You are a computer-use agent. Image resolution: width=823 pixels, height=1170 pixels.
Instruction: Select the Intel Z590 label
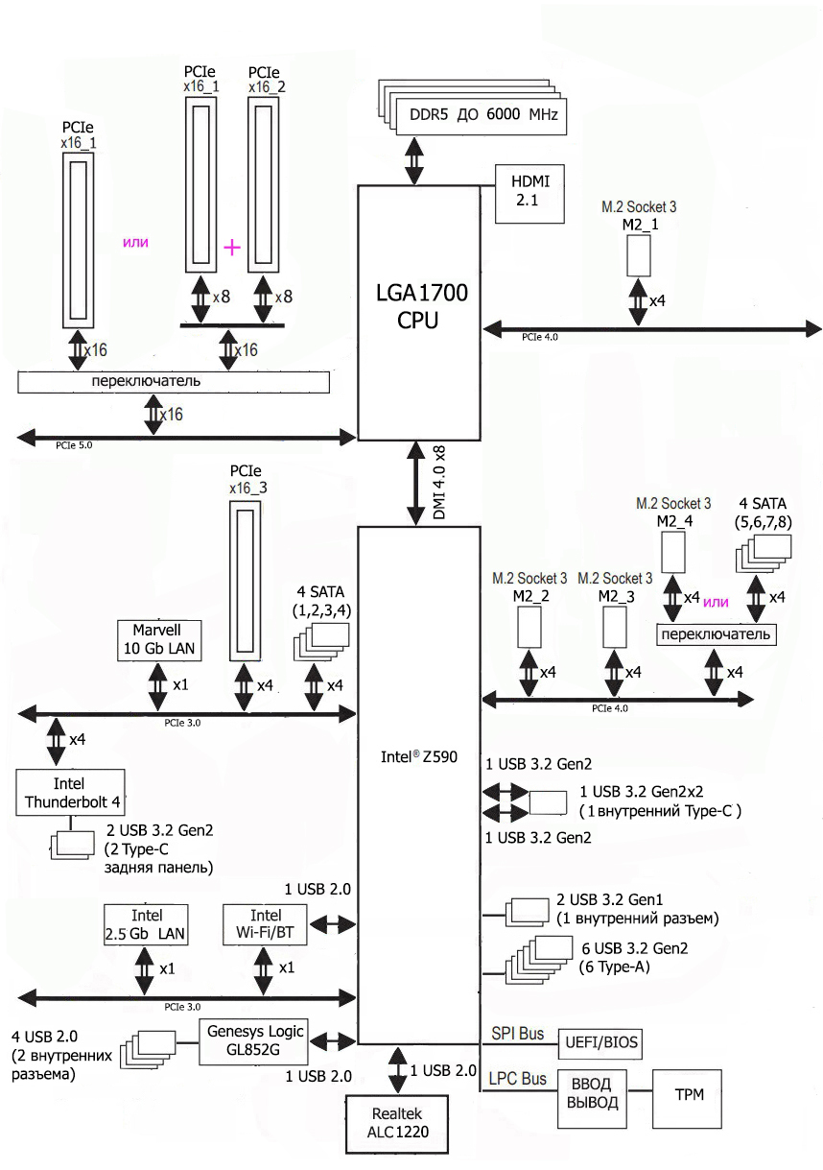418,756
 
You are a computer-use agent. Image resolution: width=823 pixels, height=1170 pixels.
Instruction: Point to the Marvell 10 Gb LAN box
156,639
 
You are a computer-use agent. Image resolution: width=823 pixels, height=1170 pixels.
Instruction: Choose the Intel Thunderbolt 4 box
72,791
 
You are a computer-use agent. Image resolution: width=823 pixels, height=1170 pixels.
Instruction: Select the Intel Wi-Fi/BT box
266,924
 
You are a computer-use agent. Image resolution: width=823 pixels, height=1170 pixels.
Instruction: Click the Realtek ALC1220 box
398,1124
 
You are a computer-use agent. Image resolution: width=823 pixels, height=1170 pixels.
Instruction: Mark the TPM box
688,1095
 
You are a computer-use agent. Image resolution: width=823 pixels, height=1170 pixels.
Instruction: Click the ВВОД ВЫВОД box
593,1095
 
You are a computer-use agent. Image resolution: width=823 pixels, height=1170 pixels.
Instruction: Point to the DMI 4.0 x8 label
439,484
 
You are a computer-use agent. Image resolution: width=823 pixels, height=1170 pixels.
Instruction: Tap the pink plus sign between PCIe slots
232,248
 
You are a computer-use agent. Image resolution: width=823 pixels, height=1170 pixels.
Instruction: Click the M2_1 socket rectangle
640,256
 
